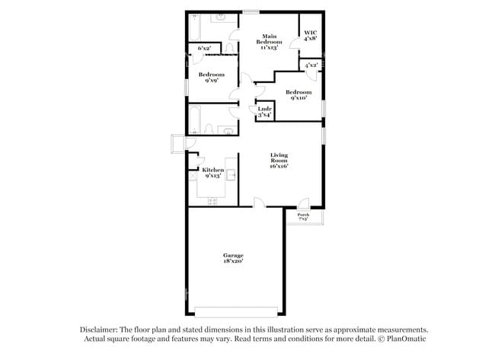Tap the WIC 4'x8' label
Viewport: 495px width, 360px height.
coord(311,35)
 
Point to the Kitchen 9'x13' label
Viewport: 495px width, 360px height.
coord(212,172)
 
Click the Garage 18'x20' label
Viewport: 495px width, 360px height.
coord(233,257)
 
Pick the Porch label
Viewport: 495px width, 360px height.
coord(303,217)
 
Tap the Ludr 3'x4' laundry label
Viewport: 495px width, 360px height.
coord(264,111)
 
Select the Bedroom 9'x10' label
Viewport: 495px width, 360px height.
coord(298,95)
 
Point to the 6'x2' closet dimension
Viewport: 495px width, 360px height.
coord(204,49)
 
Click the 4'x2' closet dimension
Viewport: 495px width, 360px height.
coord(311,66)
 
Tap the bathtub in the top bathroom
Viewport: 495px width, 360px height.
coord(193,29)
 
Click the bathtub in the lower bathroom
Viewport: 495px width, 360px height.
coord(195,119)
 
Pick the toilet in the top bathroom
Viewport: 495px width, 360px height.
coord(229,46)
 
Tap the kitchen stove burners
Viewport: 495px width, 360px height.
coord(213,201)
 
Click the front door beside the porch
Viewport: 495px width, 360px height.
coord(303,204)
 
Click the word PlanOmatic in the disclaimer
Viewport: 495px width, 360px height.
coord(403,338)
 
